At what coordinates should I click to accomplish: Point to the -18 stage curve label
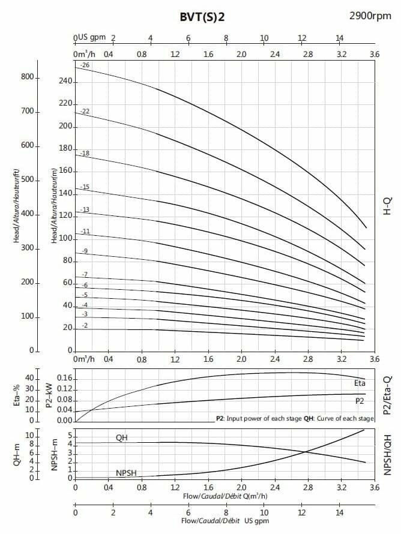click(85, 154)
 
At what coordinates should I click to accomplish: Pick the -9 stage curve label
click(85, 251)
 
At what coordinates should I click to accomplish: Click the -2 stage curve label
click(85, 326)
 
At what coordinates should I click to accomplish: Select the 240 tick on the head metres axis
click(65, 82)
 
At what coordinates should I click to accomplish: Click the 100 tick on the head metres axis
click(65, 239)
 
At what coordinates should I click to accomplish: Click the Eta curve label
click(360, 382)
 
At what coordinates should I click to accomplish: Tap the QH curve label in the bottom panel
click(122, 437)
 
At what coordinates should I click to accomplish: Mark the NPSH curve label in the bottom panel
click(127, 473)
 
